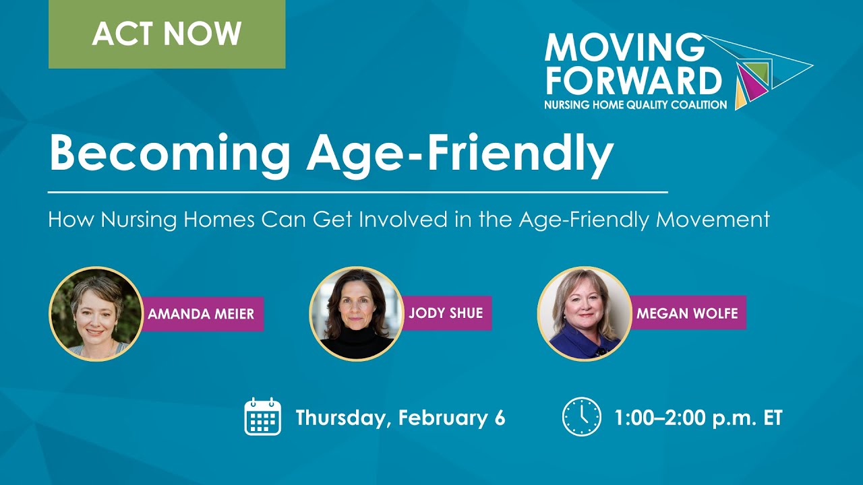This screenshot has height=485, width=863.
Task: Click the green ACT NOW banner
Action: (x=167, y=34)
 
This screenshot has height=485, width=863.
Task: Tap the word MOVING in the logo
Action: (x=624, y=47)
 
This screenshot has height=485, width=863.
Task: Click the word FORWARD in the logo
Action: (x=633, y=80)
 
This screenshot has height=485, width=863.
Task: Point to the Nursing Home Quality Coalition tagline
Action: (x=636, y=104)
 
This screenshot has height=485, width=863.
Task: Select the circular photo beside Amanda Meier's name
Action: (x=96, y=313)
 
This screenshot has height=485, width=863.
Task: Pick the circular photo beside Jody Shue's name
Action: (x=356, y=313)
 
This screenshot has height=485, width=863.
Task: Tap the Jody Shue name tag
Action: (x=446, y=313)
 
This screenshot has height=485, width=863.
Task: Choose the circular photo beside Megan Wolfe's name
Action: (x=584, y=313)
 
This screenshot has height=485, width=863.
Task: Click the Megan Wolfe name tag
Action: (x=687, y=313)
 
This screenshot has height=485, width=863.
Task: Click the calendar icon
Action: (x=262, y=416)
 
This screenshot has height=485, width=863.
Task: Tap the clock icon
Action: (x=581, y=417)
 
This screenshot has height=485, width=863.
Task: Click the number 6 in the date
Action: (x=499, y=418)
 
